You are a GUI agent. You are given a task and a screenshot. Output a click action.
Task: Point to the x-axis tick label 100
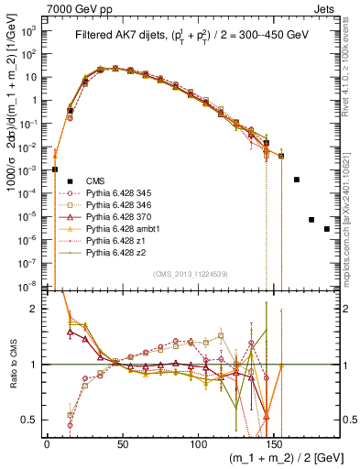pyautogui.click(x=198, y=443)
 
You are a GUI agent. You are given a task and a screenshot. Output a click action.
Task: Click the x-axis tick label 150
pyautogui.click(x=274, y=443)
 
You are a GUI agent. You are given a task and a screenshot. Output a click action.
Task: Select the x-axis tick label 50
pyautogui.click(x=122, y=443)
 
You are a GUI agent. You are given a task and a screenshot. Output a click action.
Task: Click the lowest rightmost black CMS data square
pyautogui.click(x=326, y=229)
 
